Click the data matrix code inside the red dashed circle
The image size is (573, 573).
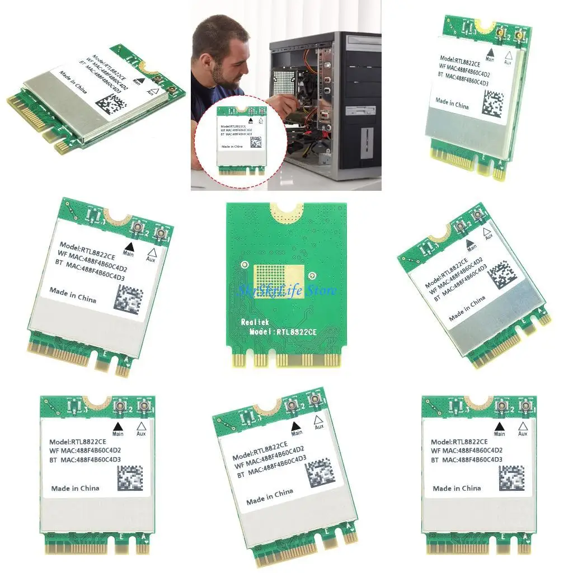tap(256, 142)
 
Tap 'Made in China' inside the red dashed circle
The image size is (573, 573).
tap(232, 147)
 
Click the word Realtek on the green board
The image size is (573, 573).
tap(255, 322)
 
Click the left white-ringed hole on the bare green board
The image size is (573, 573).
tap(244, 264)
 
